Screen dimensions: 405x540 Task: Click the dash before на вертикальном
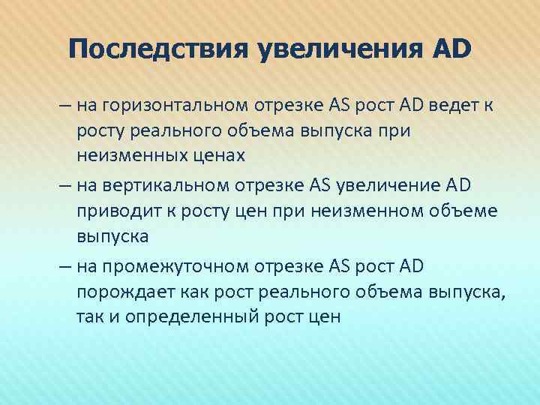(x=63, y=184)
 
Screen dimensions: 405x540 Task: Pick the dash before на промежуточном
(x=63, y=264)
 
